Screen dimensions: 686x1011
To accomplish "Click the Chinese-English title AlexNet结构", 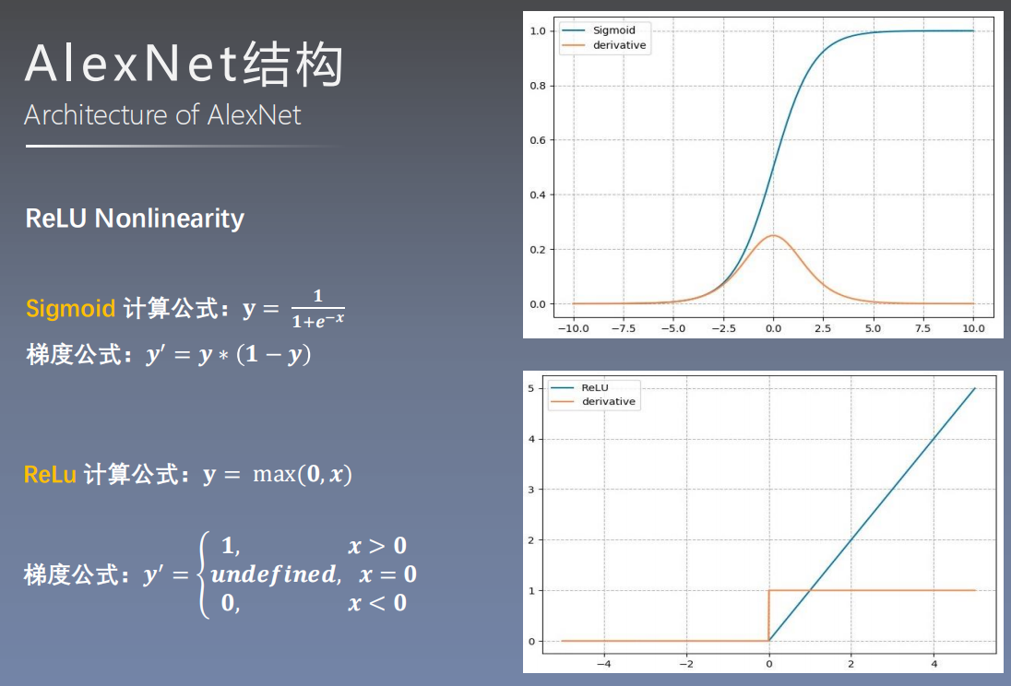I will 184,65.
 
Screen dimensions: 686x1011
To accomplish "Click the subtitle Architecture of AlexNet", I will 162,115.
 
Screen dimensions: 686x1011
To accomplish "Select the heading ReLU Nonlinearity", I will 135,219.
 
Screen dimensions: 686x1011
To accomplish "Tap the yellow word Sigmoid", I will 70,308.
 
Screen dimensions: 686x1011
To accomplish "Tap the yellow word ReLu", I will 50,475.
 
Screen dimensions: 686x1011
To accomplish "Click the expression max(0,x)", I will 303,475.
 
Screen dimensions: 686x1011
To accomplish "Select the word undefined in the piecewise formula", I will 273,574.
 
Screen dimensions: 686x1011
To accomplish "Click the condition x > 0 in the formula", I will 376,546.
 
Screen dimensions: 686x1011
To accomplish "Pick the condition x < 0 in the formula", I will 376,603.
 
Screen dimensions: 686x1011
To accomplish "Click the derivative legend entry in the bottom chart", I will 608,402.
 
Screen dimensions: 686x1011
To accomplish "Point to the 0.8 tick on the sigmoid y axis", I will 538,86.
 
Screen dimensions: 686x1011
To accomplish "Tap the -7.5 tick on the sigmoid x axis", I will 624,328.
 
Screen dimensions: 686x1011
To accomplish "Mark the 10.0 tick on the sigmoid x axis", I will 973,328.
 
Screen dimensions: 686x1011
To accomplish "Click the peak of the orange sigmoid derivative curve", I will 773,236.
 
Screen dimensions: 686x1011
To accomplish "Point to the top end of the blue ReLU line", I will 975,388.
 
